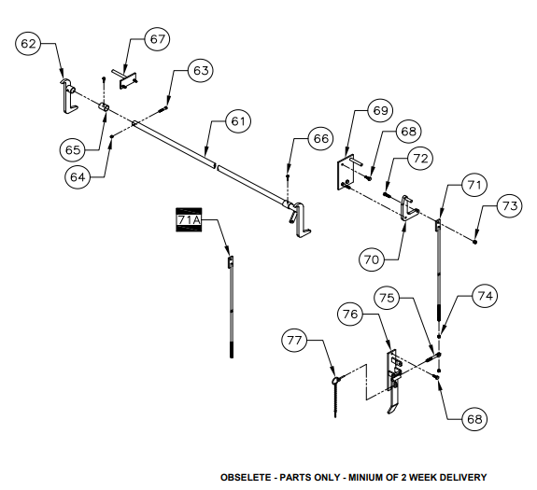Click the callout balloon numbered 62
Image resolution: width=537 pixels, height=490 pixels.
(x=28, y=44)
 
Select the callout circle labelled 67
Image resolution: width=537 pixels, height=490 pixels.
(x=158, y=39)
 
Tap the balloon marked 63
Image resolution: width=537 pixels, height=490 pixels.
(x=201, y=71)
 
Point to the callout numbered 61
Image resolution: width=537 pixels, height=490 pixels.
(x=238, y=121)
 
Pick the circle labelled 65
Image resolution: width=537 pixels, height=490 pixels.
(x=73, y=150)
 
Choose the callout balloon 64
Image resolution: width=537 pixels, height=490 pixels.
(x=78, y=177)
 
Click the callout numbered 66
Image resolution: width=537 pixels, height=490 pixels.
(x=321, y=138)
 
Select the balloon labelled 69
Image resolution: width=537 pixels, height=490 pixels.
(x=380, y=110)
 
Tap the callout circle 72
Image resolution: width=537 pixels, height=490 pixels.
(x=420, y=159)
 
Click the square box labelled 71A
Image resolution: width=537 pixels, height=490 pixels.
(x=189, y=219)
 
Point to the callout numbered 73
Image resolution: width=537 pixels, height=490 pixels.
(x=510, y=206)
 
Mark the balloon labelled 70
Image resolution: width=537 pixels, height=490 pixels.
(x=372, y=259)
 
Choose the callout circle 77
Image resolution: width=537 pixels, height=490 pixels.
(x=294, y=340)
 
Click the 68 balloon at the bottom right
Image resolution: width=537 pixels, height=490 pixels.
(x=474, y=419)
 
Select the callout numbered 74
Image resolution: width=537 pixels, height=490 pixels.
(x=485, y=296)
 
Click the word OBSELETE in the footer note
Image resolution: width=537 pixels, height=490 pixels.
(x=246, y=477)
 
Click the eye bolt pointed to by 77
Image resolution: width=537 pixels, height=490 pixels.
(x=335, y=394)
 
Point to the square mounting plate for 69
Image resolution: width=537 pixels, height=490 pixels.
(x=345, y=173)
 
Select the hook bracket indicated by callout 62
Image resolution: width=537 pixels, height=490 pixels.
(x=69, y=96)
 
